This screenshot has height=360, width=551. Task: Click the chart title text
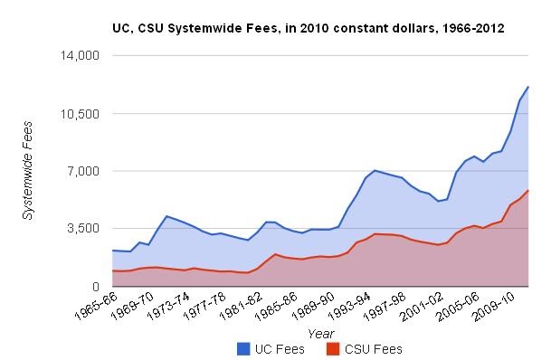tap(309, 29)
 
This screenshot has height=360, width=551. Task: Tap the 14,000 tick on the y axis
tap(80, 56)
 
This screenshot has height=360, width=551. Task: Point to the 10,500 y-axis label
tap(80, 114)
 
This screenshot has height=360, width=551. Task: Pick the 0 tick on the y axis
tap(95, 287)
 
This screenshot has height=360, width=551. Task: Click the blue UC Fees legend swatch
tap(243, 348)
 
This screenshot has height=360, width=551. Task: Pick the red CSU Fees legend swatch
tap(332, 348)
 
